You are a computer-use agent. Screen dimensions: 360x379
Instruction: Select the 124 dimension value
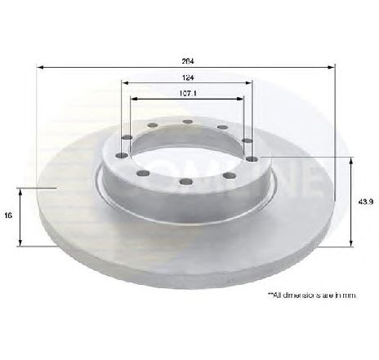[189, 78]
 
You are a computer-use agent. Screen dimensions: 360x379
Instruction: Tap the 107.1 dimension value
[188, 93]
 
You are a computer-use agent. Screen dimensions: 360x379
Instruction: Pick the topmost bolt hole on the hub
[187, 123]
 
